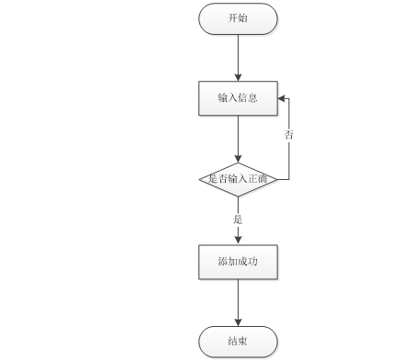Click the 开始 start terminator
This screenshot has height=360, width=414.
[x=238, y=18]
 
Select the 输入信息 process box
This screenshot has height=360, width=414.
[x=238, y=98]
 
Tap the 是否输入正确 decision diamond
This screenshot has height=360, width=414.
[x=238, y=179]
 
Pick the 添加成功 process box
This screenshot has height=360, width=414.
[x=238, y=262]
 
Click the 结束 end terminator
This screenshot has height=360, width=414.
[x=238, y=342]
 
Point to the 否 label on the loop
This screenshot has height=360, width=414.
[x=288, y=134]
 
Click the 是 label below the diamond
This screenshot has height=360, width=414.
[x=238, y=219]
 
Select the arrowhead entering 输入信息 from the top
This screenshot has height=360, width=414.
[x=238, y=77]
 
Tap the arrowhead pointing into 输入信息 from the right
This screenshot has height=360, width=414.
[x=282, y=98]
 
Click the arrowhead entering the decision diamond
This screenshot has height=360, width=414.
[x=238, y=159]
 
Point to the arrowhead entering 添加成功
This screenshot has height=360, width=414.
[x=238, y=241]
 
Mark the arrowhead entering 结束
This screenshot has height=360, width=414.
[x=238, y=322]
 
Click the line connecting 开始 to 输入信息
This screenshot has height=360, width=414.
[x=238, y=58]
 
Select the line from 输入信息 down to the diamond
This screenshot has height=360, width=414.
[x=238, y=139]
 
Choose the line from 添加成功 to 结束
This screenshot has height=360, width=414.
[x=238, y=303]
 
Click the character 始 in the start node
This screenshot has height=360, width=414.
[x=242, y=18]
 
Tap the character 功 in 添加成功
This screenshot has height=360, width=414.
[x=252, y=262]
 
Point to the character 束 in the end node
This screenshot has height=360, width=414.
[x=242, y=341]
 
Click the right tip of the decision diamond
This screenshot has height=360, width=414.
[x=277, y=179]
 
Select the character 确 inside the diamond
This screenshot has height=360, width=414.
[x=263, y=178]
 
